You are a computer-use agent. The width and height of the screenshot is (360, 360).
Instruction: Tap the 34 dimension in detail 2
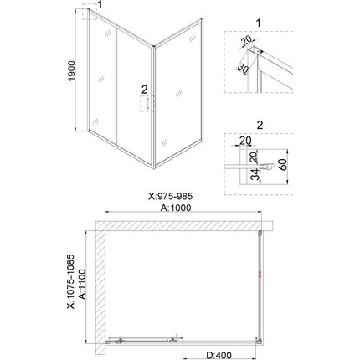pos(253,173)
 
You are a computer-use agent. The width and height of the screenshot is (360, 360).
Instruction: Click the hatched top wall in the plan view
pos(184,225)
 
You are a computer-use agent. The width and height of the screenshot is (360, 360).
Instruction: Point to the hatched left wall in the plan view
pos(98,285)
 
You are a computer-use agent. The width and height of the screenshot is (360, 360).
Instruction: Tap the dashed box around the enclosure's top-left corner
pos(89,15)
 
